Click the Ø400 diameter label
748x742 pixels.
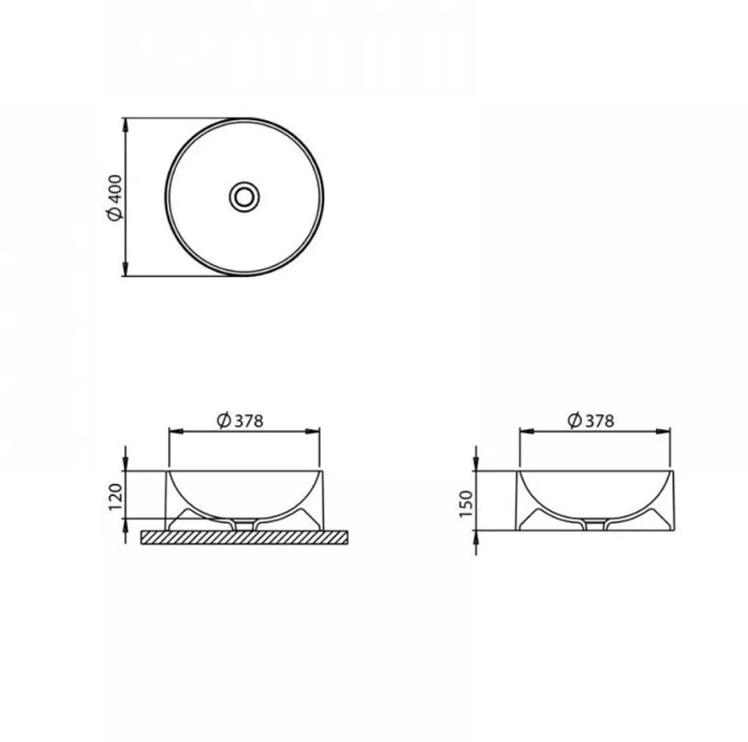pyautogui.click(x=115, y=198)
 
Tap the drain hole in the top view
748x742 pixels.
pyautogui.click(x=244, y=196)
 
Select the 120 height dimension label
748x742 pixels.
pyautogui.click(x=115, y=497)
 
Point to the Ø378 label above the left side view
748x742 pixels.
pyautogui.click(x=240, y=421)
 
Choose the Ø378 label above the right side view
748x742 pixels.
pyautogui.click(x=591, y=420)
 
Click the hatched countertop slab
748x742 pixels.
pyautogui.click(x=244, y=537)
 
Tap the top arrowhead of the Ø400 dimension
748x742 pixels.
pyautogui.click(x=126, y=125)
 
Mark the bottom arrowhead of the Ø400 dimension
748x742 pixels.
pyautogui.click(x=126, y=268)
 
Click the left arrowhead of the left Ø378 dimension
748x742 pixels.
pyautogui.click(x=176, y=431)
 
